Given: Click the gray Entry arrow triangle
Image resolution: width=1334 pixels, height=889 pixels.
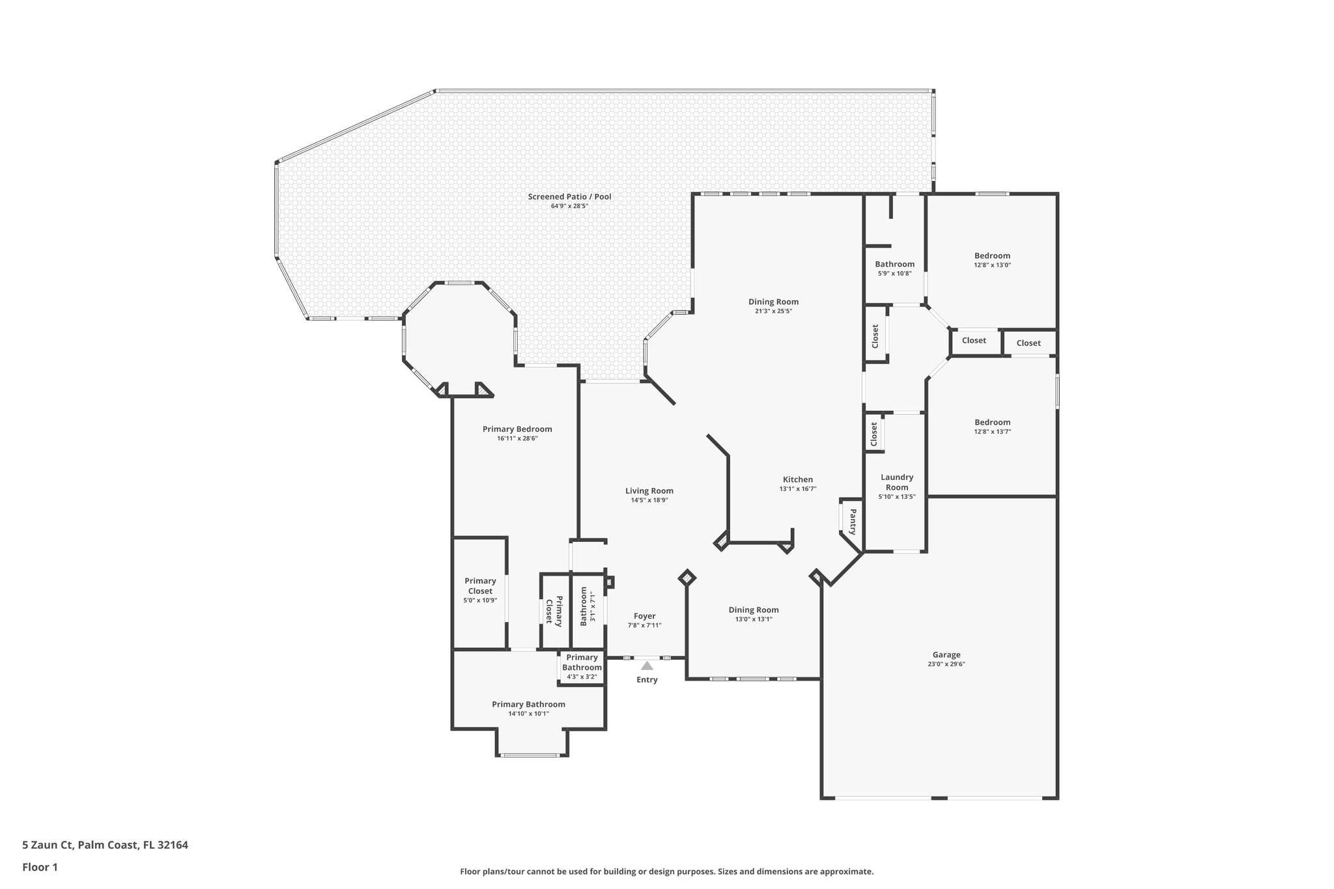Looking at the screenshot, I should point(647,666).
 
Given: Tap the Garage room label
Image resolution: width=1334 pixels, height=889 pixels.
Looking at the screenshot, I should point(946,655).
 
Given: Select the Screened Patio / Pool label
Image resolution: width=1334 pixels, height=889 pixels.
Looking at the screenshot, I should point(569,197).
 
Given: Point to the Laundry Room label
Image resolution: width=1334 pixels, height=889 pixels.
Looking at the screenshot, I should point(897,482).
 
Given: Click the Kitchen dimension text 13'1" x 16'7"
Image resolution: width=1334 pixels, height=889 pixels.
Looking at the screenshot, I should point(797,489).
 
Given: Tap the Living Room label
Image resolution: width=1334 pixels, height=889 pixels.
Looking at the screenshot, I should point(649,491).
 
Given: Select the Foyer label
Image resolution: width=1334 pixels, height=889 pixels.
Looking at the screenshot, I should point(644,616).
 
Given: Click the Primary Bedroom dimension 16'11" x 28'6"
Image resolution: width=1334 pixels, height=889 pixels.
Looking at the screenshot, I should point(517,439).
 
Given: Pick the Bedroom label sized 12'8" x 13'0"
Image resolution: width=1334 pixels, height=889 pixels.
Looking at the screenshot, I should point(992,256).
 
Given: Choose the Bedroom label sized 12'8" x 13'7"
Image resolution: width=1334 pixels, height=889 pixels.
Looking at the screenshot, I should point(992,423).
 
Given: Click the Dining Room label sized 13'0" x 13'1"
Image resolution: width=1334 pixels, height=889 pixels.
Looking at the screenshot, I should point(753,610).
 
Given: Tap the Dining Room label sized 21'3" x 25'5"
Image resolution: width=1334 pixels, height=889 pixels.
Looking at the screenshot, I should point(773,302).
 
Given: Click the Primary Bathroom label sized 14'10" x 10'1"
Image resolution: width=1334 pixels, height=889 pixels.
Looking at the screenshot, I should point(528,705).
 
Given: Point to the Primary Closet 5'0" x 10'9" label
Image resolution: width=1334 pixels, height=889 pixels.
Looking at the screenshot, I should point(480,586).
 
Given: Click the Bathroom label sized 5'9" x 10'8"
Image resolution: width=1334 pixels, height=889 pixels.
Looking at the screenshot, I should point(894,264).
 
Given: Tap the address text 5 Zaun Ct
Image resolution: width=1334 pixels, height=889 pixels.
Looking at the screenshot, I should point(48,845).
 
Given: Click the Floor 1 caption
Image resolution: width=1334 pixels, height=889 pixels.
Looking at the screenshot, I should point(40,867).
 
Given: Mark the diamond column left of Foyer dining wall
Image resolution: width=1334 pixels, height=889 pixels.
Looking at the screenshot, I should point(687,578).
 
